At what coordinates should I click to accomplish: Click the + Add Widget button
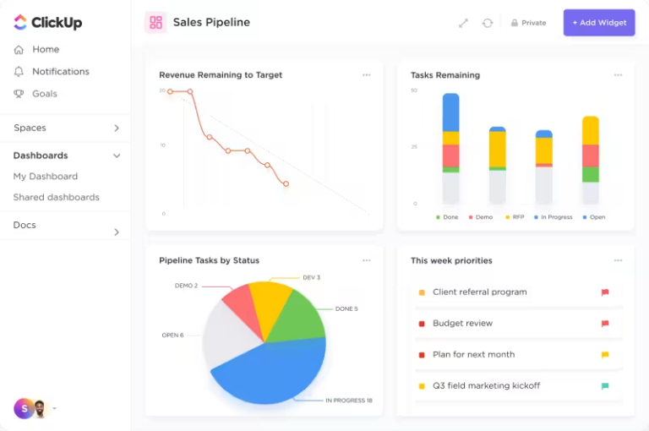[599, 23]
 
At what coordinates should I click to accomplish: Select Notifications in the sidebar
[60, 72]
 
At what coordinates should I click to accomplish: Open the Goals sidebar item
[45, 94]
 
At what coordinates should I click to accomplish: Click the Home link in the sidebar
[46, 50]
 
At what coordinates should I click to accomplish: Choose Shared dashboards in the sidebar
[56, 198]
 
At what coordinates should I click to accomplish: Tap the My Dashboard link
[46, 177]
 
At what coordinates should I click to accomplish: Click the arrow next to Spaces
[117, 128]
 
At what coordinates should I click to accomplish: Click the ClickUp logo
[48, 23]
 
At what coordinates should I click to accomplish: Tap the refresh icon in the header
[488, 23]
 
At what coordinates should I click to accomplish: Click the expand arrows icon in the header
[463, 23]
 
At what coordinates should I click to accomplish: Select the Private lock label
[528, 23]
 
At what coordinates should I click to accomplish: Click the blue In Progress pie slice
[270, 372]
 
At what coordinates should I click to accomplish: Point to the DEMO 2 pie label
[186, 286]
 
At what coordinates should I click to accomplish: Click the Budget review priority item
[462, 324]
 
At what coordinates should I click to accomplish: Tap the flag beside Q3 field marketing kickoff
[605, 386]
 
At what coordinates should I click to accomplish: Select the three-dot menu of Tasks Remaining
[618, 75]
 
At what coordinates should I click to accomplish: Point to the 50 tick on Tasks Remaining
[414, 90]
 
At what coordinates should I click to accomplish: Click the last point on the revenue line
[286, 183]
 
